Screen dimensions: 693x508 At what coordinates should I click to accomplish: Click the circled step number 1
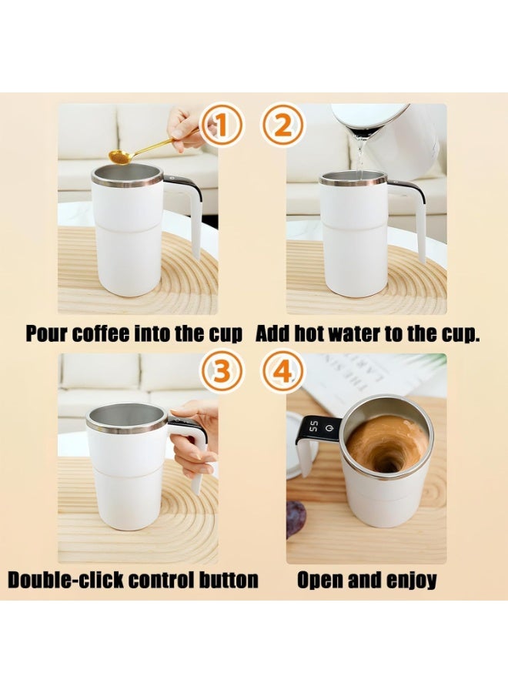click(221, 126)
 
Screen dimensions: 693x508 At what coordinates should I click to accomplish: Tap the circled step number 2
click(282, 126)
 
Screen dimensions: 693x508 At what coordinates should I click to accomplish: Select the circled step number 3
click(222, 373)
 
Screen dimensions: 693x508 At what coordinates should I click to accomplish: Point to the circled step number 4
click(282, 373)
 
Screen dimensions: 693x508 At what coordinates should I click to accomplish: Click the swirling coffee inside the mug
click(386, 444)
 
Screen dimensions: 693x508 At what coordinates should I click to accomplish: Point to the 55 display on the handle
click(316, 427)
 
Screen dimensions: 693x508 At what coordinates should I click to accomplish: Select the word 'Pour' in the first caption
click(45, 333)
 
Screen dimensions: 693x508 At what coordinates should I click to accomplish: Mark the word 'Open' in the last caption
click(322, 580)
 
